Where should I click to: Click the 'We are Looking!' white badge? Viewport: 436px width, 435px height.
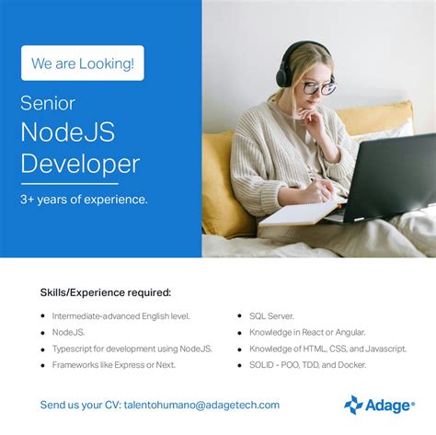pyautogui.click(x=83, y=63)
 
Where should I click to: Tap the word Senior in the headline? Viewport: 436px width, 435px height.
pyautogui.click(x=48, y=103)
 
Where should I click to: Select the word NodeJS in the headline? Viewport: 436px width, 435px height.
pyautogui.click(x=68, y=132)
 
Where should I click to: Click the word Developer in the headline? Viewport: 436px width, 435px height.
pyautogui.click(x=80, y=164)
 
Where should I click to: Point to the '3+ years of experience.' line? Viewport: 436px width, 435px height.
pyautogui.click(x=84, y=198)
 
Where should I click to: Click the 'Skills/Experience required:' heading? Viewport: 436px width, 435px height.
pyautogui.click(x=105, y=292)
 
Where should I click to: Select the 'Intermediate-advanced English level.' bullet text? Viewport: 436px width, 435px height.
pyautogui.click(x=120, y=316)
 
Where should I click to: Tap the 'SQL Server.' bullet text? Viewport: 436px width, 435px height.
pyautogui.click(x=271, y=316)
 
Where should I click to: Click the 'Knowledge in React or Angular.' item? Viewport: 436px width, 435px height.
pyautogui.click(x=307, y=332)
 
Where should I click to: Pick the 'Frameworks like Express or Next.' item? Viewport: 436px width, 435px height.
pyautogui.click(x=114, y=364)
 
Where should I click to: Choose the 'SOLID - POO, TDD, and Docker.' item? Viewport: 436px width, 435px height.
pyautogui.click(x=307, y=364)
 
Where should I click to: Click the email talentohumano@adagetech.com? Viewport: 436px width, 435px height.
pyautogui.click(x=201, y=405)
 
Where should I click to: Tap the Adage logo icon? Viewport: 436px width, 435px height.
pyautogui.click(x=353, y=405)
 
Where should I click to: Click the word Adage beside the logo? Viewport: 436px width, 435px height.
pyautogui.click(x=387, y=405)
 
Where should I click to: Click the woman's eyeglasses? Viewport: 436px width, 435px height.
pyautogui.click(x=316, y=88)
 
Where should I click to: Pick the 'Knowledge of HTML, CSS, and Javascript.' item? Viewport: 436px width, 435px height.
pyautogui.click(x=327, y=349)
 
